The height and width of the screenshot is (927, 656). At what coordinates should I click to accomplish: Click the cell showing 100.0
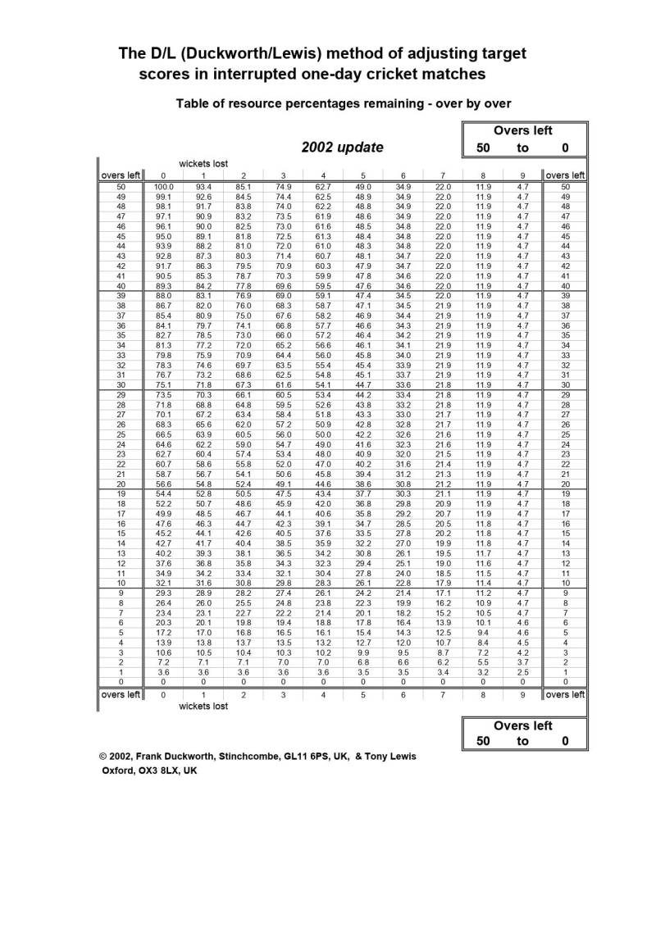click(x=164, y=188)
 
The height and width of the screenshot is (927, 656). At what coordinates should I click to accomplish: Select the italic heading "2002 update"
click(x=342, y=148)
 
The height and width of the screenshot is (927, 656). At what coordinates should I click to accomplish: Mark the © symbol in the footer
click(x=103, y=756)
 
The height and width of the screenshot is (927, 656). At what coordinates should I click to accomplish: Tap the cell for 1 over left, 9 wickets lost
click(x=523, y=672)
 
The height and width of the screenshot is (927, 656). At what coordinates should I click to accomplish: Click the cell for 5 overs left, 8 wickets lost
click(x=483, y=633)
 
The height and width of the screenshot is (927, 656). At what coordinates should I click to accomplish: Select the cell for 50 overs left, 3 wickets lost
click(x=284, y=188)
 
